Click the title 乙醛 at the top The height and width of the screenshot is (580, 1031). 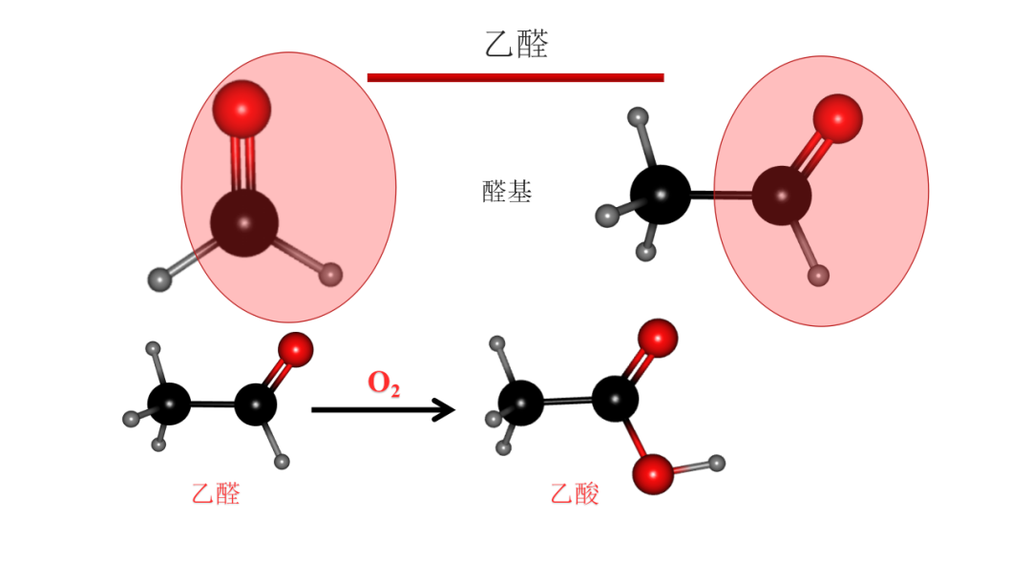click(x=516, y=43)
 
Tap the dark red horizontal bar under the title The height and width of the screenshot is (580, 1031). click(x=515, y=77)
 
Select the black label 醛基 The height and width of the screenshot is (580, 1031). click(x=507, y=192)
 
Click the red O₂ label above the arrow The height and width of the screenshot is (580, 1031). click(x=384, y=384)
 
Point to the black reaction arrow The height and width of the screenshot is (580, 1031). click(x=382, y=410)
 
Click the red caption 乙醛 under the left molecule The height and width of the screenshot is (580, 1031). click(x=216, y=493)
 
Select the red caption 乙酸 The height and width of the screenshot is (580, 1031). click(x=575, y=493)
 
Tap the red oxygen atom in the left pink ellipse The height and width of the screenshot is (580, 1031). click(x=242, y=108)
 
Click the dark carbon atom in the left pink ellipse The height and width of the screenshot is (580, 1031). click(x=244, y=224)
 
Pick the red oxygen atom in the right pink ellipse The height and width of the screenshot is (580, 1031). click(x=838, y=118)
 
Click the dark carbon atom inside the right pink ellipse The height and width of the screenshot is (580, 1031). click(x=782, y=197)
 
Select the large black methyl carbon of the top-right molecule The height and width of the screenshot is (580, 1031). click(x=660, y=195)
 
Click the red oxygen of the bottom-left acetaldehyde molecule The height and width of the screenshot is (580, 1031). click(x=296, y=349)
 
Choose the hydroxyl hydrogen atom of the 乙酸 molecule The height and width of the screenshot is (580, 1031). click(x=717, y=464)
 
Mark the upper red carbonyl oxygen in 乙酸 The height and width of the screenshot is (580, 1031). click(x=658, y=338)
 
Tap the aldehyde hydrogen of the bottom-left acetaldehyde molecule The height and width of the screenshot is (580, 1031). click(x=282, y=462)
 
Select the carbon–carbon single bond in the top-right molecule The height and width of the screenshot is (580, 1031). click(x=721, y=196)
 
